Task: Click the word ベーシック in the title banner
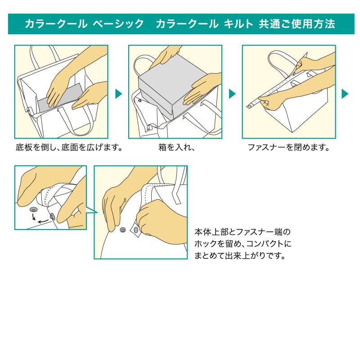[118, 24]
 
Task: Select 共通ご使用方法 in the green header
[297, 24]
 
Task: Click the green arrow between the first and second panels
[118, 94]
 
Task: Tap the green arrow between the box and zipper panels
[232, 94]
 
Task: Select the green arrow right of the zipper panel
[345, 94]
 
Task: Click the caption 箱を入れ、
[176, 147]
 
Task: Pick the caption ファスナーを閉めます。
[289, 147]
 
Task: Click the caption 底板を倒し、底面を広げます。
[69, 147]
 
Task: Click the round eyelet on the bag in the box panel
[139, 101]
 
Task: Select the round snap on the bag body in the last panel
[122, 230]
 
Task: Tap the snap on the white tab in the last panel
[135, 231]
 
